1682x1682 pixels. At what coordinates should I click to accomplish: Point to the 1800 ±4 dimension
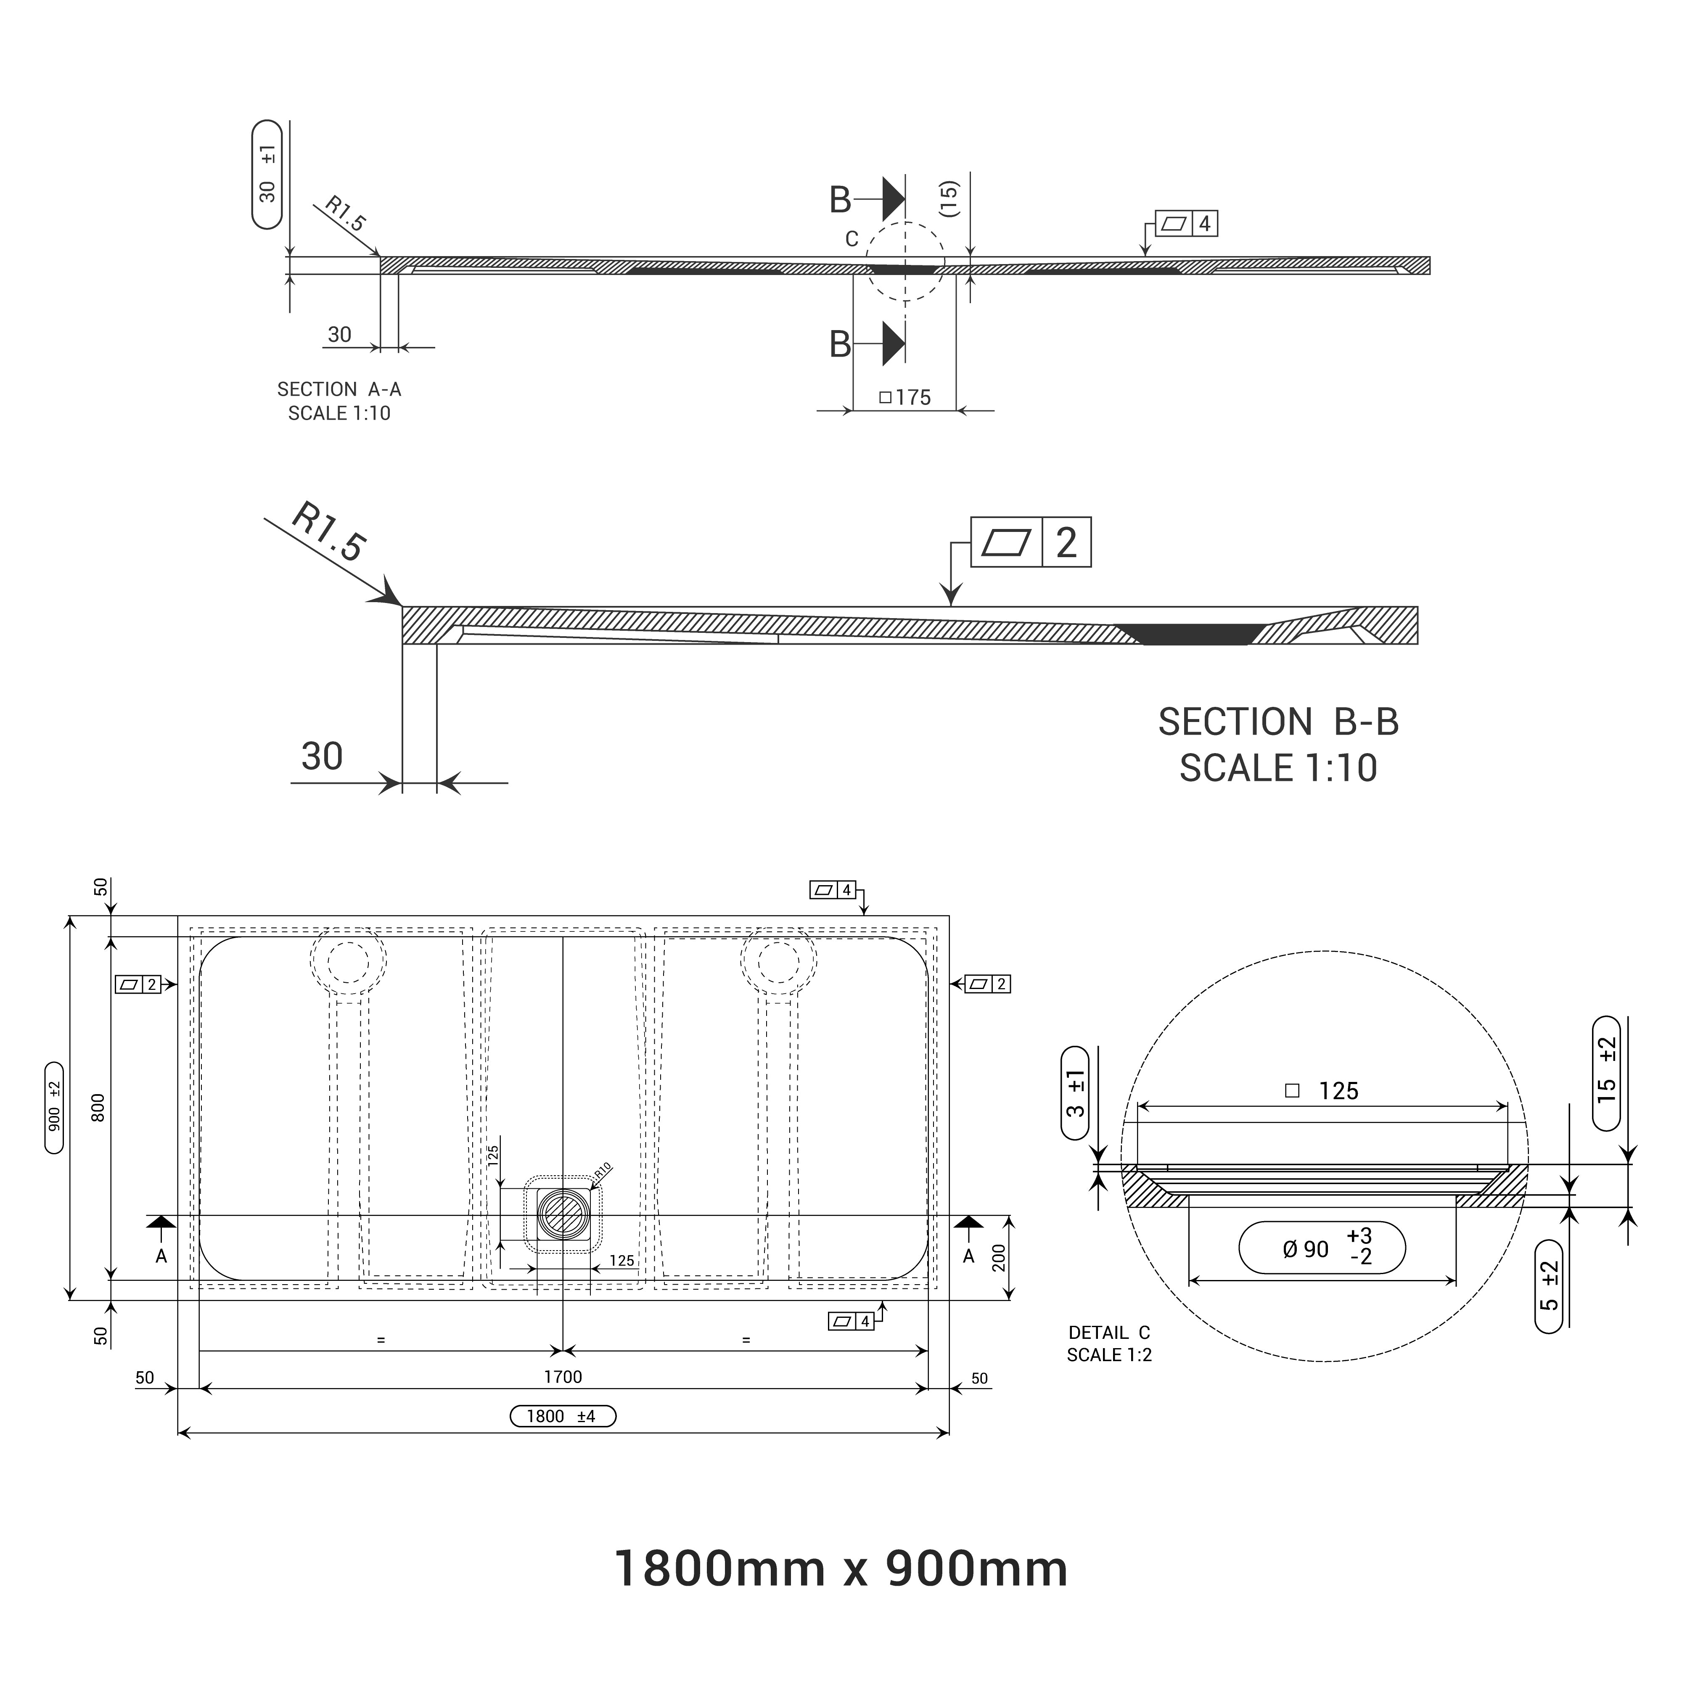tap(562, 1417)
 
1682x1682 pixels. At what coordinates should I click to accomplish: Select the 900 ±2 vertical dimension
tap(54, 1108)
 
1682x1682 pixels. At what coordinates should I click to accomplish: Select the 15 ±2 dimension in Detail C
tap(1606, 1073)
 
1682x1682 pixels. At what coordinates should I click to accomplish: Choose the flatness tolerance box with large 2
tap(1030, 542)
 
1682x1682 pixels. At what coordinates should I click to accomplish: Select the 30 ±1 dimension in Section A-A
tap(267, 174)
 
